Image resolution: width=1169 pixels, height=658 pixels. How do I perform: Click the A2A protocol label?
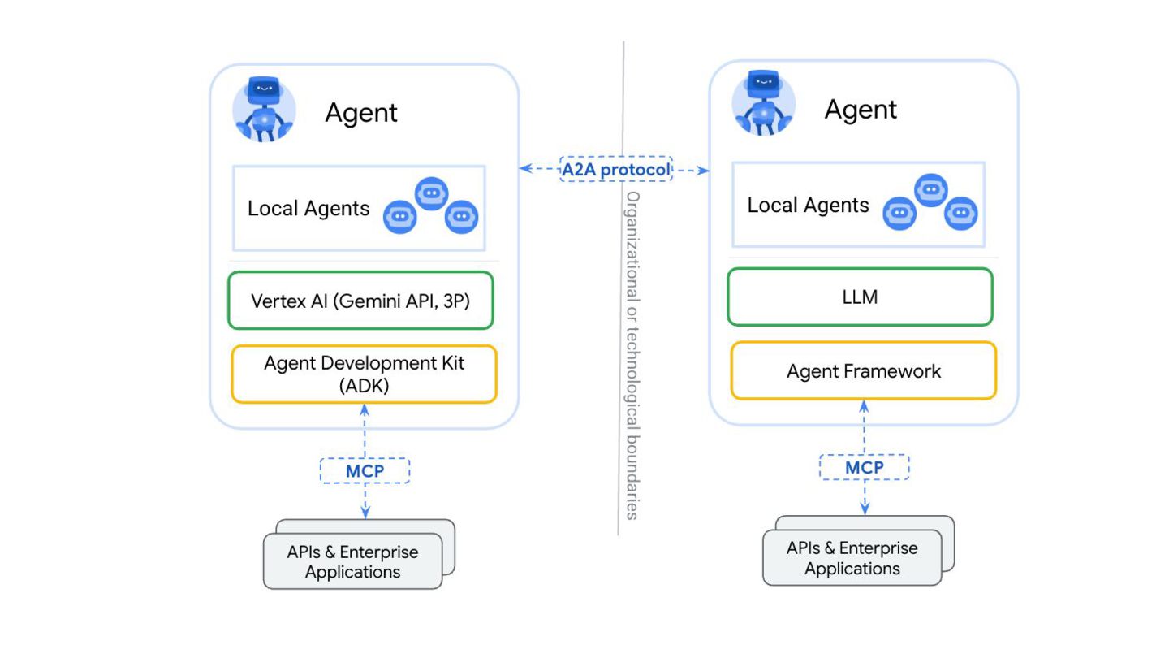click(616, 169)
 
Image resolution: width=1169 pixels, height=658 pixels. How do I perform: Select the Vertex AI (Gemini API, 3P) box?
click(360, 300)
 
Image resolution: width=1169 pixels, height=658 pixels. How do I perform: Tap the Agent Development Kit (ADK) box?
click(364, 374)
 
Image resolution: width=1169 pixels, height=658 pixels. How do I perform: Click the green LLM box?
click(860, 297)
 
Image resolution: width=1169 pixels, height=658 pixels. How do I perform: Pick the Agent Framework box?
click(863, 370)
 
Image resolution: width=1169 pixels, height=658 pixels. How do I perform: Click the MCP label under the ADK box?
click(365, 470)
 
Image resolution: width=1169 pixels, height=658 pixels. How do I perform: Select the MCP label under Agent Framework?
click(864, 467)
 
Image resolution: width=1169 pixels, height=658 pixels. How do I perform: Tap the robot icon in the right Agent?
click(763, 106)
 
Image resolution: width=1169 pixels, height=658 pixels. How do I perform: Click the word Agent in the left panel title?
click(361, 112)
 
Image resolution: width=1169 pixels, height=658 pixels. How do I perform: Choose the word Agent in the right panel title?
click(861, 109)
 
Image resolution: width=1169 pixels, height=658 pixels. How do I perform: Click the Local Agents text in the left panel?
click(308, 208)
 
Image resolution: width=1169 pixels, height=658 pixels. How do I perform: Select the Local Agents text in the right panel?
click(808, 205)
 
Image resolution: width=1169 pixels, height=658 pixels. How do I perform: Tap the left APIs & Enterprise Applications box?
click(352, 561)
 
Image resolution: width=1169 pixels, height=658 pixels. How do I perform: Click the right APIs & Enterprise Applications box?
click(852, 557)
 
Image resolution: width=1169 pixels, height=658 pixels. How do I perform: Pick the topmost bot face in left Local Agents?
click(432, 193)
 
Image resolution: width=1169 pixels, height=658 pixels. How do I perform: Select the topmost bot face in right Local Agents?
click(931, 189)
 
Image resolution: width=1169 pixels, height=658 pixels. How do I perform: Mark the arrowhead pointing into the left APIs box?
click(365, 512)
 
